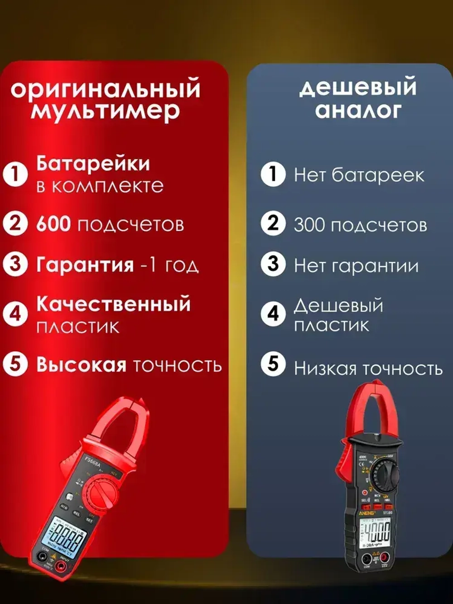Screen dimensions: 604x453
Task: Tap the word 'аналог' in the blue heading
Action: (x=358, y=110)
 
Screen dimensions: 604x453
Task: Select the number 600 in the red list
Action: (x=53, y=224)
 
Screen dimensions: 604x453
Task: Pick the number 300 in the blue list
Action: (x=311, y=225)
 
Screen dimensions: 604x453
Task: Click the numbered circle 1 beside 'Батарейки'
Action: (x=15, y=174)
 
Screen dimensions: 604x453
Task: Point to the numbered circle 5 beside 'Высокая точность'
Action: (x=15, y=364)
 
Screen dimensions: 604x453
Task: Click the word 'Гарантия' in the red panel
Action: (x=85, y=265)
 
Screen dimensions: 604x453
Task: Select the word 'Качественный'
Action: (x=113, y=304)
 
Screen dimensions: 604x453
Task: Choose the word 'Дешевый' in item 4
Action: (x=338, y=306)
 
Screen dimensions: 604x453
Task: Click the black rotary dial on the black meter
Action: (x=385, y=475)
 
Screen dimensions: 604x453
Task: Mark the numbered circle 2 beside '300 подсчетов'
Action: (x=273, y=223)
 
